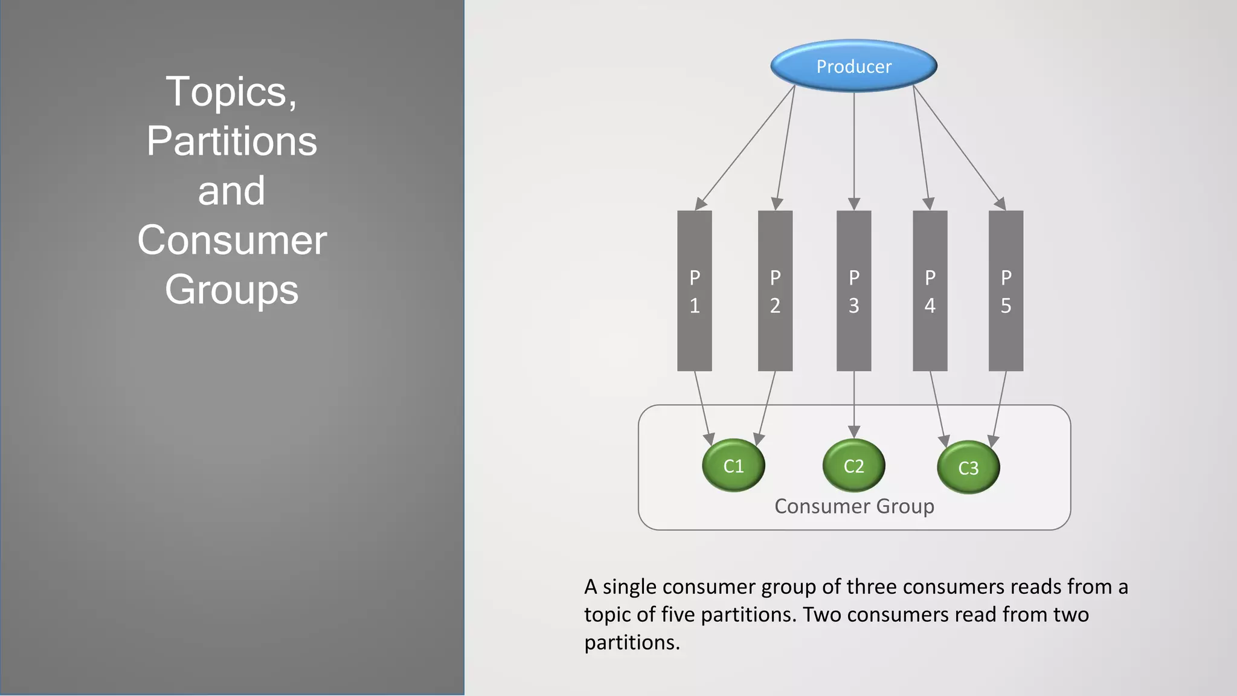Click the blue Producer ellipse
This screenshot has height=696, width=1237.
pyautogui.click(x=853, y=66)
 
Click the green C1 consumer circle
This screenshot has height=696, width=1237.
pyautogui.click(x=733, y=465)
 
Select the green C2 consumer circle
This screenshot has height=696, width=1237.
pyautogui.click(x=853, y=465)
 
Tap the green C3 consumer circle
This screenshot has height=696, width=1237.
pyautogui.click(x=968, y=467)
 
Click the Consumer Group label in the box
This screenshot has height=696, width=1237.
pyautogui.click(x=854, y=506)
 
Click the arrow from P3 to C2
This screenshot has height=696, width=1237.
pyautogui.click(x=853, y=402)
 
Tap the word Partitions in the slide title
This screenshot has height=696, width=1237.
pyautogui.click(x=231, y=141)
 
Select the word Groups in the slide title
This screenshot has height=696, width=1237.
pyautogui.click(x=231, y=289)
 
